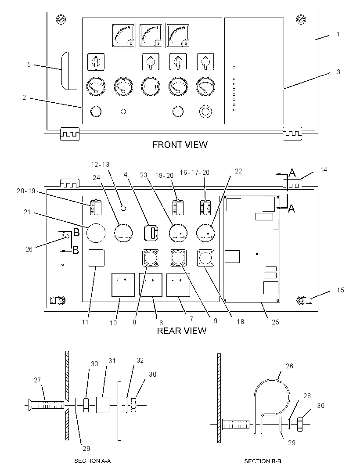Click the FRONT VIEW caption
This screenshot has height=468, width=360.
(180, 145)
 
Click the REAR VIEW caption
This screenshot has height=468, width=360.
(181, 331)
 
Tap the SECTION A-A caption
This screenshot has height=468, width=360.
(92, 461)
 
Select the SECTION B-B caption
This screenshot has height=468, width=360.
(263, 461)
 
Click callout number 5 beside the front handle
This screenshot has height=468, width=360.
(29, 65)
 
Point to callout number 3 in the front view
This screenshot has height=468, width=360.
(338, 72)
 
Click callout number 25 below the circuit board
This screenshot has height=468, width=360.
(275, 322)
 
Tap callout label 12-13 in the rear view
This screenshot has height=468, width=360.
(100, 165)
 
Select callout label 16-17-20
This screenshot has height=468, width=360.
(194, 173)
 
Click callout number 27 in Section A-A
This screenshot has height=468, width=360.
(37, 380)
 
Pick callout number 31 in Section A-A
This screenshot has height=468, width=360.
(112, 361)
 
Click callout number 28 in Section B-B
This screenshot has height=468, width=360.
(307, 396)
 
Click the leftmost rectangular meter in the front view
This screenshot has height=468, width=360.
(123, 35)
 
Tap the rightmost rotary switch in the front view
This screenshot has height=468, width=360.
(205, 62)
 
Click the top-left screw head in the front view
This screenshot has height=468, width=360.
(61, 20)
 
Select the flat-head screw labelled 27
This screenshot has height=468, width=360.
(46, 405)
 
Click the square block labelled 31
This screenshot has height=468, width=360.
(103, 405)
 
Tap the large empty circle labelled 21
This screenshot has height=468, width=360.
(96, 233)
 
